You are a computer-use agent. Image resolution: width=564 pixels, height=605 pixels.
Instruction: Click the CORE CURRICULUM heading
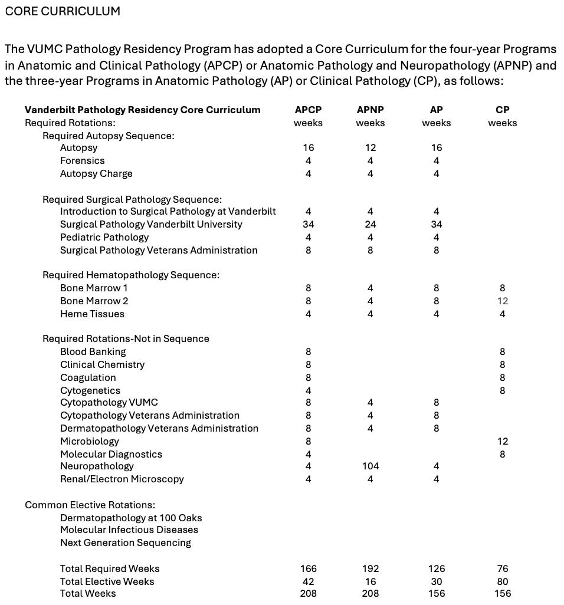(x=63, y=11)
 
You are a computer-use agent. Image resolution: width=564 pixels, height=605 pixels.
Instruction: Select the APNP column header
(x=370, y=110)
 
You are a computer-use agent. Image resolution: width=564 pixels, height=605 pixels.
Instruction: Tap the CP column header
(x=503, y=110)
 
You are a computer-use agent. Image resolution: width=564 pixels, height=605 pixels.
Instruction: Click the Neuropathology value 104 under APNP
(x=370, y=466)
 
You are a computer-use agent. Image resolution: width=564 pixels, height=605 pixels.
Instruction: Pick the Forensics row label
(x=82, y=160)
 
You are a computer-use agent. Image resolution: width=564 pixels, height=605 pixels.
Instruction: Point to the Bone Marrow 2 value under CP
(x=502, y=301)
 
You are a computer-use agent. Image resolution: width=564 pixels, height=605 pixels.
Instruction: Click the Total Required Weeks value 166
(x=308, y=568)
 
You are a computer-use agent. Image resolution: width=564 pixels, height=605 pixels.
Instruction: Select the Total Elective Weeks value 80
(x=502, y=581)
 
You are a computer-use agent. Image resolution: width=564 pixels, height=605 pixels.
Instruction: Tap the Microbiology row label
(x=90, y=441)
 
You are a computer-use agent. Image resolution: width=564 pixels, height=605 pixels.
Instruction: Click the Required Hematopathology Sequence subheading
(x=131, y=275)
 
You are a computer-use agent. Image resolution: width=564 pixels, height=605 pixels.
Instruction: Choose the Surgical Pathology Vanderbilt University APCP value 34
(x=308, y=224)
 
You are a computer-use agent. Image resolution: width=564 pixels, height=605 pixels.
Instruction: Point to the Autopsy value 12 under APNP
(x=370, y=147)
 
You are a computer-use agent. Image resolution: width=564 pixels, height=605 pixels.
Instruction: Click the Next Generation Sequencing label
(x=126, y=542)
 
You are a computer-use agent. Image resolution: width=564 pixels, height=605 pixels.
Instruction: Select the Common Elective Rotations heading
(x=90, y=505)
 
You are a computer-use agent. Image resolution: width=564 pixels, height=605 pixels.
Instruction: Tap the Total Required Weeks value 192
(x=370, y=568)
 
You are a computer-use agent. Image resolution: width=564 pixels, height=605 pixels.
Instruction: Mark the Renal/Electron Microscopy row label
(x=122, y=479)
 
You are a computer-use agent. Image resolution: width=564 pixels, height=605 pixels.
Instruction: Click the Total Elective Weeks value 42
(x=308, y=581)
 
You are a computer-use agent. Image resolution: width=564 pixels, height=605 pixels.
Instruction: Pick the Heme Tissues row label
(x=92, y=314)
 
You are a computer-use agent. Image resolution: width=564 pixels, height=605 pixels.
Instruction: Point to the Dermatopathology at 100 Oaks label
(x=131, y=518)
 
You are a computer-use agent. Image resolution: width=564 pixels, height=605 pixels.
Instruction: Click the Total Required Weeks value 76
(x=502, y=568)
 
